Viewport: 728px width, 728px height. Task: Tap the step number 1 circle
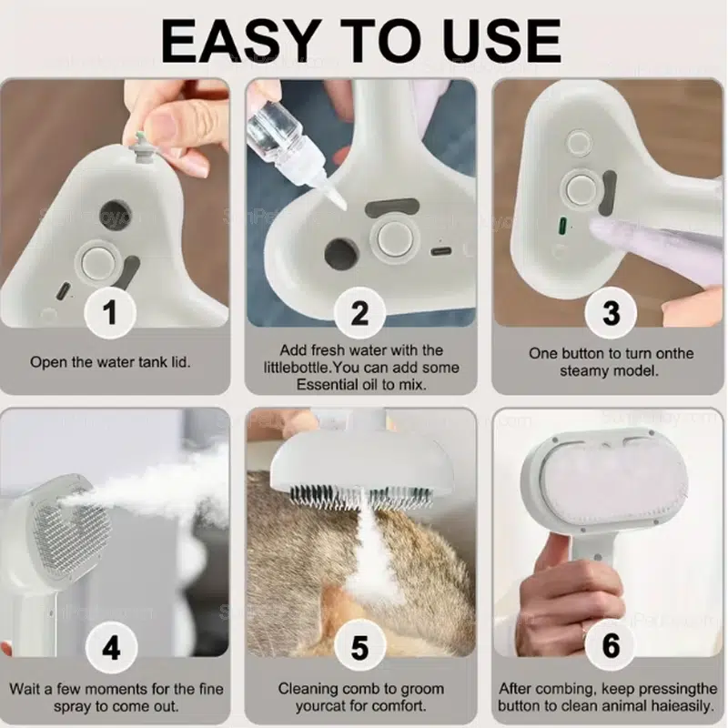pos(110,312)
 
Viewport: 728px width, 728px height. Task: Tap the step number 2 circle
pos(359,312)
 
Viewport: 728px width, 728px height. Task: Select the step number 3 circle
pos(611,312)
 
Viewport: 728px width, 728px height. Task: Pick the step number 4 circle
pos(111,648)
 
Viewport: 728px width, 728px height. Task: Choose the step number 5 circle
pos(359,648)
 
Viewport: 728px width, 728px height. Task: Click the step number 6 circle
pos(611,645)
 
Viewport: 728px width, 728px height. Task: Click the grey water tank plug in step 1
pos(138,147)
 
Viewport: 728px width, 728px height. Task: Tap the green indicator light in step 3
pos(562,226)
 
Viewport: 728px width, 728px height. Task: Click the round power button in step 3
pos(580,189)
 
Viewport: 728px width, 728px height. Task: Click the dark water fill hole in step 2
pos(342,254)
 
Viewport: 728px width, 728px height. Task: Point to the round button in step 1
pos(98,263)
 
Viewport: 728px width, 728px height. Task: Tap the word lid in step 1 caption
pos(181,361)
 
